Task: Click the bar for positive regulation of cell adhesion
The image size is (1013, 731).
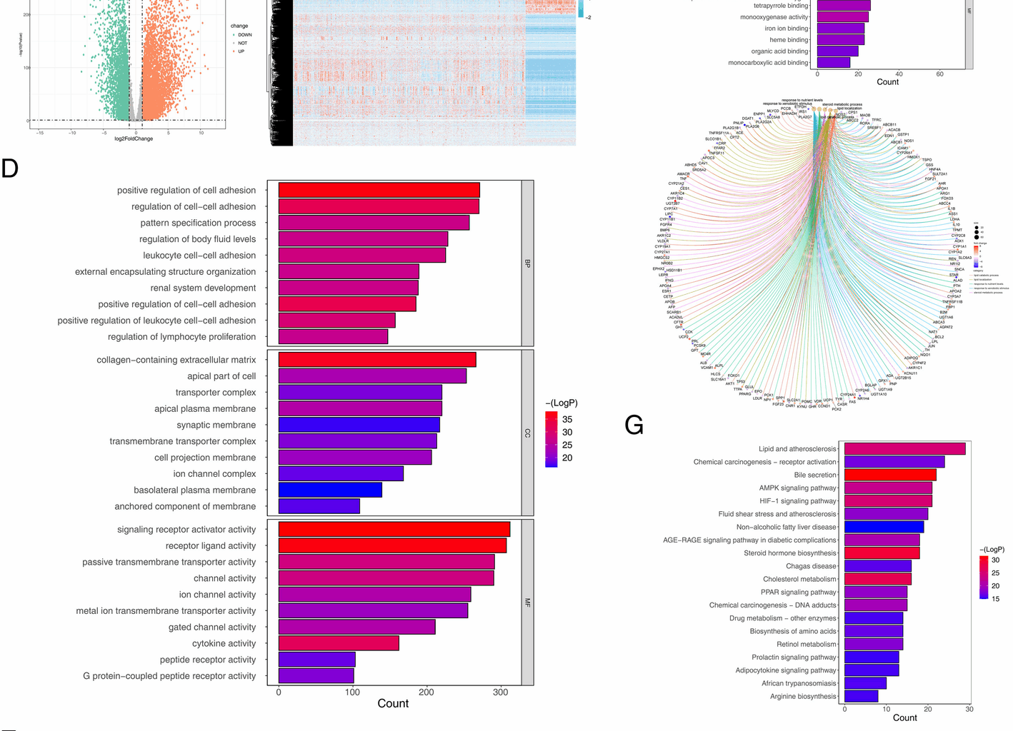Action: pos(379,190)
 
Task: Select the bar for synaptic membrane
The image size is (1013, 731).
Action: pos(359,425)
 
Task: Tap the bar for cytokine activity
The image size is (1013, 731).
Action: pos(339,643)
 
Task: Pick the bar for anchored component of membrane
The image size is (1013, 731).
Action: pos(319,506)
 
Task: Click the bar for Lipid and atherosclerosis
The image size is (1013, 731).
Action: pos(904,449)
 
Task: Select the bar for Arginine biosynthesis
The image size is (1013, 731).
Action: pos(861,696)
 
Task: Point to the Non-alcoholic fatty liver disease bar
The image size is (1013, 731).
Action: pos(884,527)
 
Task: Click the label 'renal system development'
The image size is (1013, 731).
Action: pos(203,288)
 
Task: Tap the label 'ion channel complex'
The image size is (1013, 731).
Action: pos(214,473)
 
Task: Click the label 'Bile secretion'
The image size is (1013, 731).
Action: pos(814,475)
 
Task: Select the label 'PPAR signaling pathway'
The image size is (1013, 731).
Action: pos(798,592)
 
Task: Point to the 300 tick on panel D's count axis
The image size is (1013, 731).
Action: pos(501,692)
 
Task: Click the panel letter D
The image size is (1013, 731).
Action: pos(10,168)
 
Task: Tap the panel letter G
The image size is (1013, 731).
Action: pos(634,425)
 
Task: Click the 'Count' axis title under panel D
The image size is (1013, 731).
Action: pos(393,704)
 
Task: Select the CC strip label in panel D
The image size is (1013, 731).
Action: pos(528,433)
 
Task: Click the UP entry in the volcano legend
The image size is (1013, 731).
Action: pos(241,51)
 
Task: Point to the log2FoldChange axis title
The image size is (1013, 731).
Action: pos(134,138)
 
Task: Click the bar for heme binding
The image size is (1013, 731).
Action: pos(840,40)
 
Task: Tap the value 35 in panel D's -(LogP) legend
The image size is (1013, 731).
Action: pos(567,419)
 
